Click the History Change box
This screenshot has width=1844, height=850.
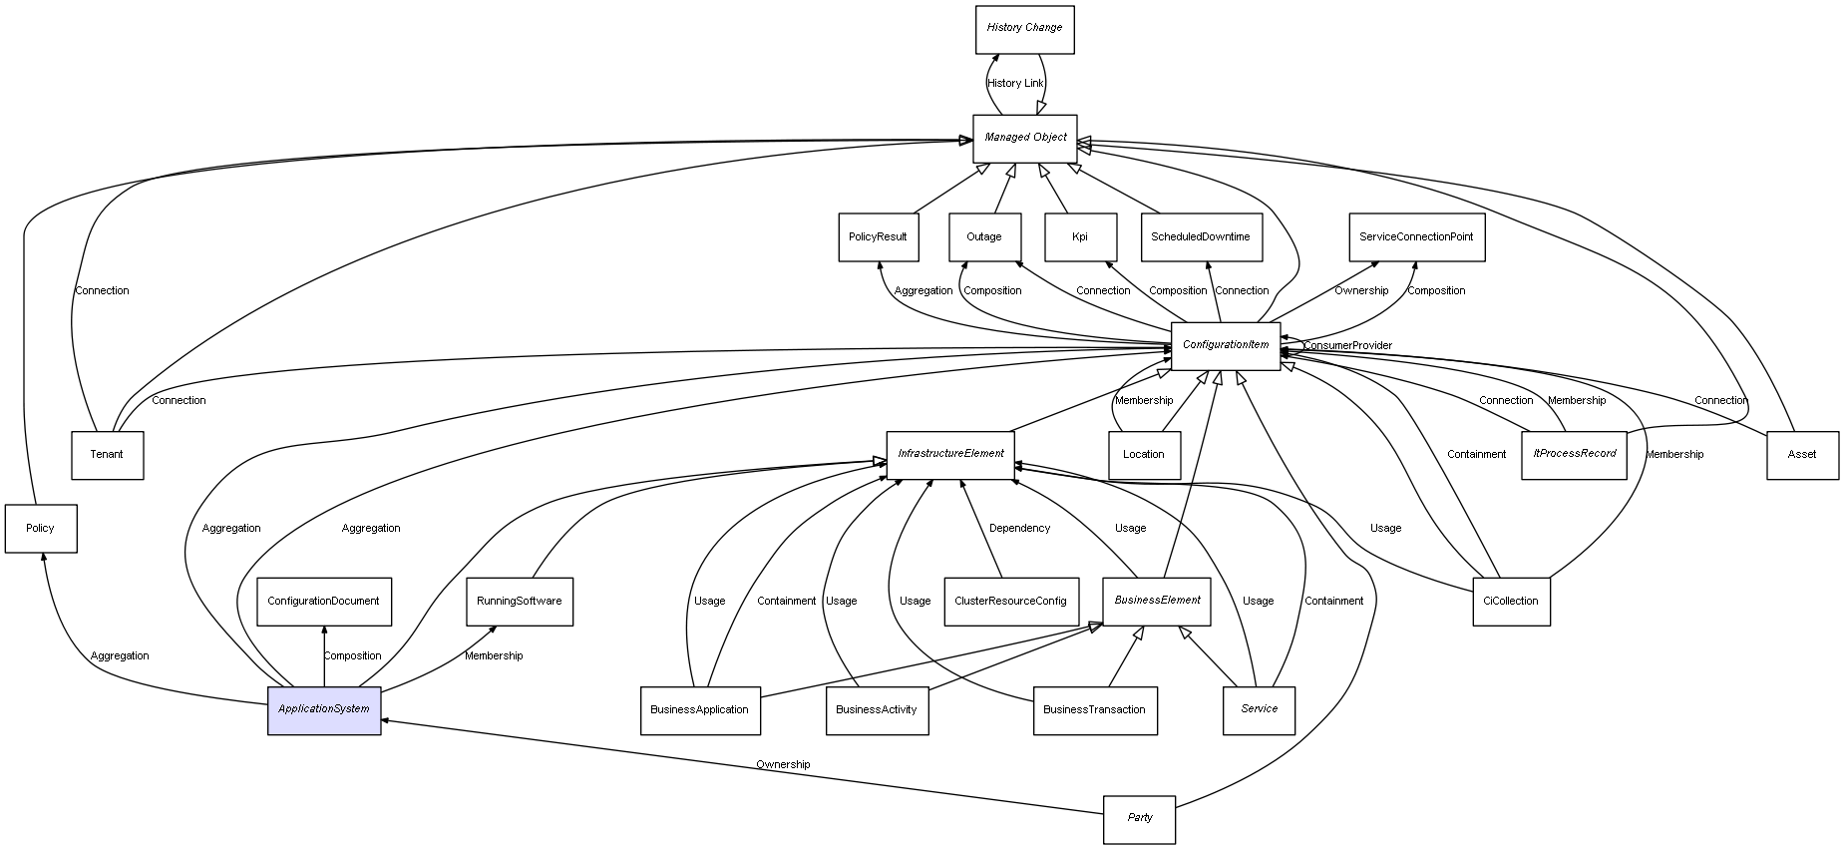click(1024, 29)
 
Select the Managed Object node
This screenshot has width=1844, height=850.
click(1025, 138)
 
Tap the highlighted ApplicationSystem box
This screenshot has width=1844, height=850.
click(324, 709)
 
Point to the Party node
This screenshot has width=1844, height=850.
click(1139, 819)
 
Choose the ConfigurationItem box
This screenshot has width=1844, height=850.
click(1225, 346)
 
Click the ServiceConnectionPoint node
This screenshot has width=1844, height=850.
click(1416, 237)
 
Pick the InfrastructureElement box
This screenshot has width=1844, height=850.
click(949, 455)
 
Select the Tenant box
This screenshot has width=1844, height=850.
click(107, 455)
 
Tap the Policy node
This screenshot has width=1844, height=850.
click(40, 529)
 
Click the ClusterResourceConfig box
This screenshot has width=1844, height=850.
click(1010, 602)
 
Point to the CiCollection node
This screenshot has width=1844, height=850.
click(1511, 602)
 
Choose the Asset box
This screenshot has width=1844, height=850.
click(1801, 455)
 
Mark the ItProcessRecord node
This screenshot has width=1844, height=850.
click(1574, 455)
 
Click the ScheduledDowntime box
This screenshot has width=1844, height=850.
click(1201, 237)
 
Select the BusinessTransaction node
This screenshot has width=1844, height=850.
click(1094, 710)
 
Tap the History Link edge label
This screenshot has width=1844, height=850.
click(1015, 84)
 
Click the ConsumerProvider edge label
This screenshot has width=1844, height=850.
click(1347, 346)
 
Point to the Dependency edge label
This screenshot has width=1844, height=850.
click(1019, 529)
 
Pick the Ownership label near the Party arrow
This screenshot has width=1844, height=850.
click(783, 765)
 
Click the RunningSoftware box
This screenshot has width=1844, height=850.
click(519, 602)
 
